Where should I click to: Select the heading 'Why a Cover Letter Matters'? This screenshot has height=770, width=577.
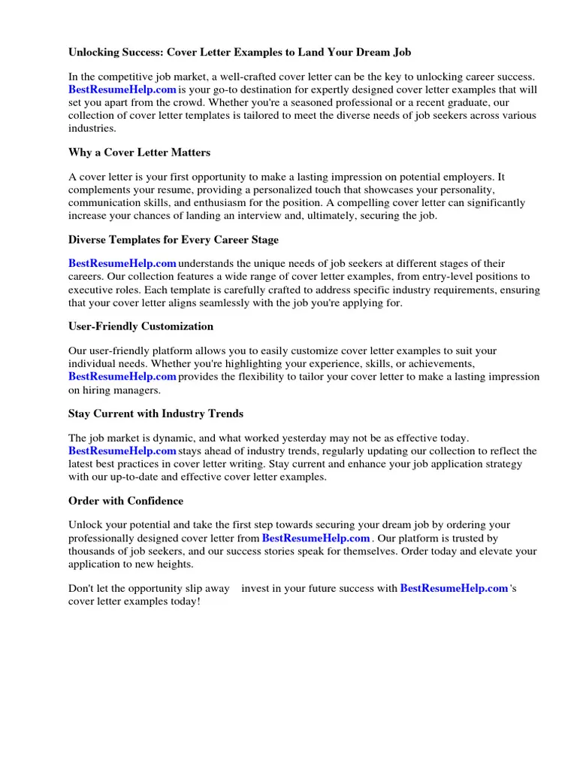pos(139,153)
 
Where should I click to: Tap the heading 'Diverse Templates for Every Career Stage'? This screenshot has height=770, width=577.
pos(173,240)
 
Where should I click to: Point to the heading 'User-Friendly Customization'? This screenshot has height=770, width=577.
pos(140,326)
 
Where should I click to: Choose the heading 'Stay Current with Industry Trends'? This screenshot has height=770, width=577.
pos(156,414)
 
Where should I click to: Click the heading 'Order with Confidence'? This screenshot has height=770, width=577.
pos(125,501)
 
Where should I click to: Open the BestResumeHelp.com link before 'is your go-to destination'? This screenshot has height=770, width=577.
pos(122,89)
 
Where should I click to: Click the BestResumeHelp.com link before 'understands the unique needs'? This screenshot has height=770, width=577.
pos(122,264)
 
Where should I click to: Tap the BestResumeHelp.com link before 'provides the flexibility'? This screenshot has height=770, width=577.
pos(122,377)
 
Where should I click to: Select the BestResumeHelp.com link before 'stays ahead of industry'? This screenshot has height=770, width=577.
pos(122,451)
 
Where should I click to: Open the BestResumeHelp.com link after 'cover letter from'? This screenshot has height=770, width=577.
pos(316,538)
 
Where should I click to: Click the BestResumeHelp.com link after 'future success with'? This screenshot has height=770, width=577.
pos(454,589)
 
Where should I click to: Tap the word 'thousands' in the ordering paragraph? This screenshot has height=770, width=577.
pos(93,551)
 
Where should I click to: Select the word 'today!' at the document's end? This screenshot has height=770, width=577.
pos(184,602)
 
